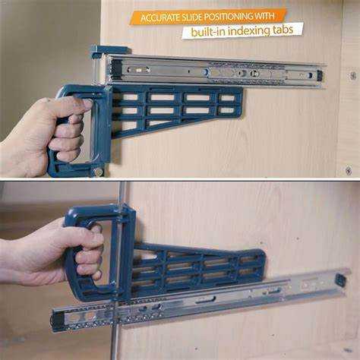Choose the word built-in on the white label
(208, 32)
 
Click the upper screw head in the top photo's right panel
(352, 75)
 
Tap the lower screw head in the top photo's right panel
(349, 170)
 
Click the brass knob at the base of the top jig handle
(98, 172)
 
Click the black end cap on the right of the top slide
(321, 75)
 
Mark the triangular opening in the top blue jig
(158, 123)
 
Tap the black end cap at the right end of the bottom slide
(341, 280)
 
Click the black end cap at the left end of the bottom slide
(57, 321)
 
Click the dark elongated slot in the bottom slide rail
(205, 300)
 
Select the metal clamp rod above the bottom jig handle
(123, 193)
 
